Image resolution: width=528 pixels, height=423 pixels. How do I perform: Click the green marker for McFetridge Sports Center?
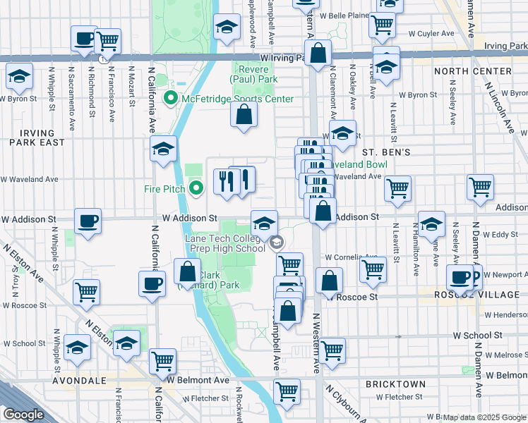coord(170,99)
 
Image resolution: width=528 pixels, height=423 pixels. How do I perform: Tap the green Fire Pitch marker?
coord(197,188)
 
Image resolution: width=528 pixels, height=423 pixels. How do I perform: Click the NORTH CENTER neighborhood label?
coord(472,71)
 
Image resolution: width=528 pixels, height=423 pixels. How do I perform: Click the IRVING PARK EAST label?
coord(32,137)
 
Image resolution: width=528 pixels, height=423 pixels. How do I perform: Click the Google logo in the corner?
coord(24,415)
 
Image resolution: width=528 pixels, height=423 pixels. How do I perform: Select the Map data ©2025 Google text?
coord(484,417)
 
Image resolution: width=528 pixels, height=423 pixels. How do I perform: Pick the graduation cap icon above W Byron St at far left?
coord(19,75)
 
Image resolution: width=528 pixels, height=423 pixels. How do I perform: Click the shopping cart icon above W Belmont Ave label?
coord(162,361)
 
